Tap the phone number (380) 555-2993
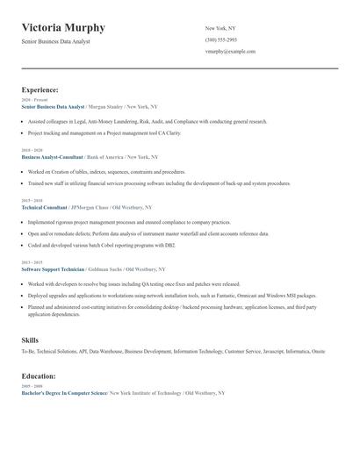[221, 39]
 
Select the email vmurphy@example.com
[230, 51]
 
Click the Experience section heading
[40, 89]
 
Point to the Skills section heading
[30, 339]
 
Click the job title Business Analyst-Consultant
[52, 156]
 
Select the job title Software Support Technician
[53, 269]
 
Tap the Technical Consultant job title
[44, 207]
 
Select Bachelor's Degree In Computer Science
[63, 393]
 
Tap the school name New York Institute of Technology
[145, 393]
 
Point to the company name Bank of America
[105, 156]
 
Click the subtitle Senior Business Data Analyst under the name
[55, 41]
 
